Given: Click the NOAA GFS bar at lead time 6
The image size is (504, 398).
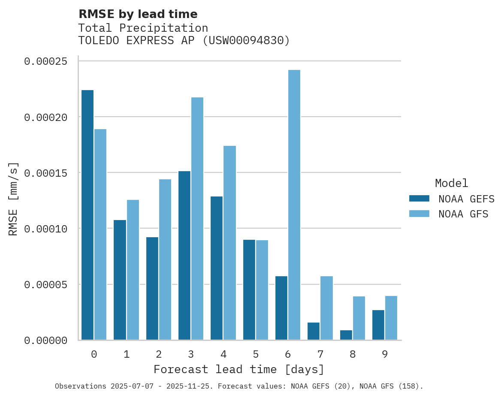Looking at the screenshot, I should tap(294, 205).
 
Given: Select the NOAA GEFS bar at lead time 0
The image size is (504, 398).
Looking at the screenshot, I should tap(88, 215).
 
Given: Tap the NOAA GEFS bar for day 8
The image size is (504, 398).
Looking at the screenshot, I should tap(346, 335).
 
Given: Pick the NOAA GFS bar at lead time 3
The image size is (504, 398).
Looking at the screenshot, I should tap(197, 219).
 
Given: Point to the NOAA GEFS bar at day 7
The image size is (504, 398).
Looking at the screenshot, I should tap(314, 331).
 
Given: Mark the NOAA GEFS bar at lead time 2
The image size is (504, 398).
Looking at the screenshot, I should tap(152, 289).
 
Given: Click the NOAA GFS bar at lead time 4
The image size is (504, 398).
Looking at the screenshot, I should tap(229, 243).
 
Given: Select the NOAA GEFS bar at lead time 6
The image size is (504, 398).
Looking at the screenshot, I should tap(281, 308).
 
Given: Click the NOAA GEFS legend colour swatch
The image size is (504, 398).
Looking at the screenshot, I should tap(419, 198).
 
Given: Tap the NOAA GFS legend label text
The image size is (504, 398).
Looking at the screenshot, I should tap(463, 214).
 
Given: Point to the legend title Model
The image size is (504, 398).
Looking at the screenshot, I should tap(451, 183).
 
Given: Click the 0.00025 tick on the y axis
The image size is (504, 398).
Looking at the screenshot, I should tap(46, 61).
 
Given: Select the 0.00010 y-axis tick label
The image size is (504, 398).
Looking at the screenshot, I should tap(46, 229).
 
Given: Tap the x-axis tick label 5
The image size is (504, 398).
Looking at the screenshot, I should tap(256, 354).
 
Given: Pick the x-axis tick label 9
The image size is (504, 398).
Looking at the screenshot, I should tap(385, 354).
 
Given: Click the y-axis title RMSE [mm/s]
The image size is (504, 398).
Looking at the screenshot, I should tap(14, 199).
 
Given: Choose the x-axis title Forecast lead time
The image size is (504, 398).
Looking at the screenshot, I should tap(239, 369).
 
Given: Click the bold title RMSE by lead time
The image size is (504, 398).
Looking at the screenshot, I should tap(138, 14).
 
